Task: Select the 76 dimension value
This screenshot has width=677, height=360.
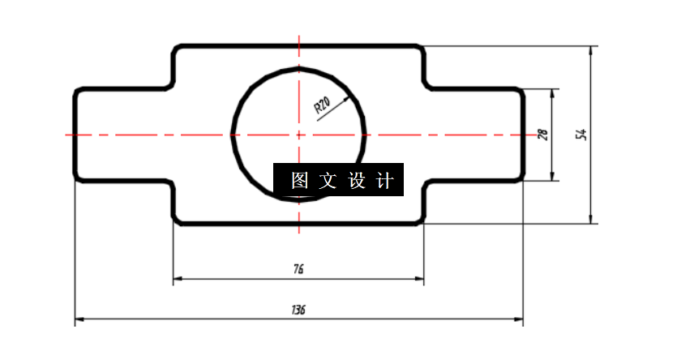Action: [x=299, y=268]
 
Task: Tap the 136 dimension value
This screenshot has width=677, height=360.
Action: [x=298, y=310]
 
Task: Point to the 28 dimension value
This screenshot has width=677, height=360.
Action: [x=543, y=135]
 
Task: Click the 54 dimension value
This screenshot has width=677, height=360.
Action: [x=581, y=135]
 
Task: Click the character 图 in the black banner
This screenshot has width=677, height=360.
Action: [x=298, y=180]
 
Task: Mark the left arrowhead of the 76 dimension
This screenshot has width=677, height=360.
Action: [x=178, y=279]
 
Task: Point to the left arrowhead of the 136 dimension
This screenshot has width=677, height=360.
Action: [x=79, y=320]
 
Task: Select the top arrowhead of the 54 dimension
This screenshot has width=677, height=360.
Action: [x=593, y=49]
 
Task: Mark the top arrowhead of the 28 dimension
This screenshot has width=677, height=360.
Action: [x=553, y=93]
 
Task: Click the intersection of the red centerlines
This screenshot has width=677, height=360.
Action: [x=299, y=135]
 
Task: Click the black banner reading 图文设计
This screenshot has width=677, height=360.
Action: [x=337, y=180]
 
